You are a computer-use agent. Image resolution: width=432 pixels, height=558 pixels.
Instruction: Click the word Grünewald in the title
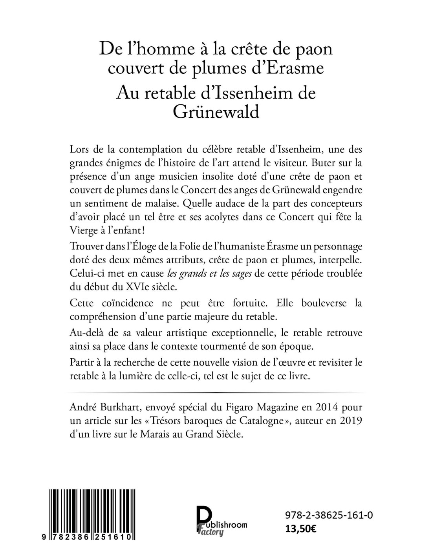coord(216,113)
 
